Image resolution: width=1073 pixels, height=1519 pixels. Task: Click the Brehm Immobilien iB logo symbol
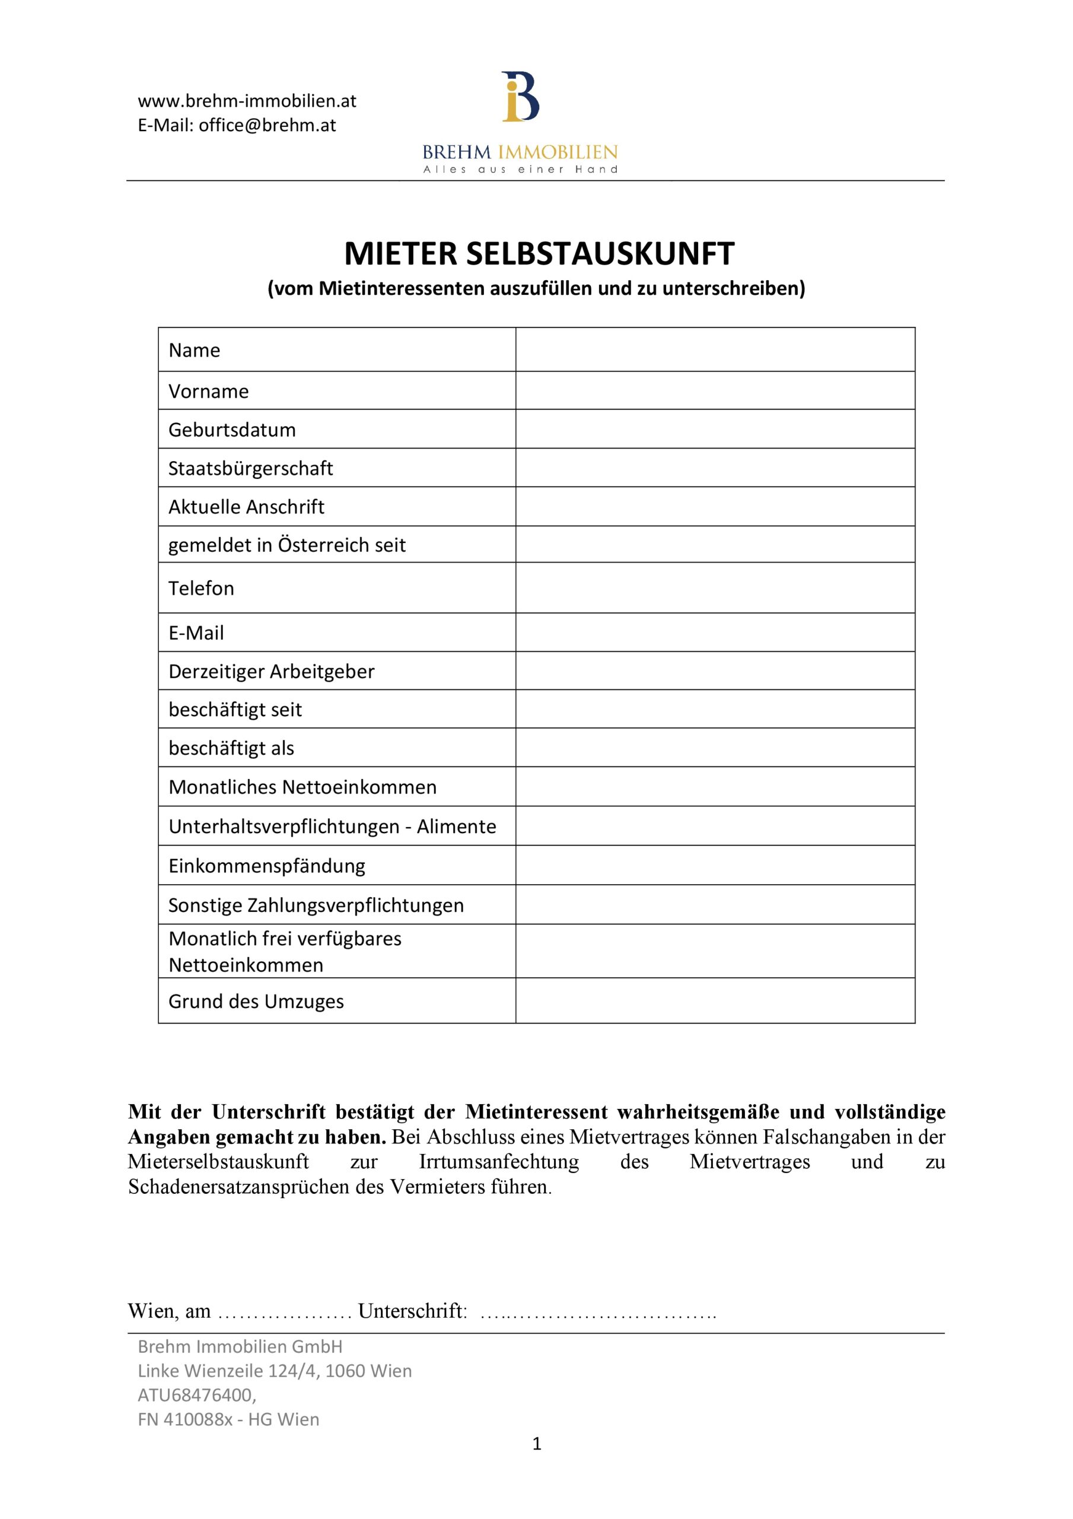coord(520,97)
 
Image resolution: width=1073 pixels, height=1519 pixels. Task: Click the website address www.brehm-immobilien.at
coord(247,101)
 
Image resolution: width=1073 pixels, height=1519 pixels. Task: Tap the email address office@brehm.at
coord(268,125)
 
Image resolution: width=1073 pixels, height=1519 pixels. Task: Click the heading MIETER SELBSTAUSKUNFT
coord(539,253)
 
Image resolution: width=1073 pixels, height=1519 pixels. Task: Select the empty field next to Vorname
coord(715,390)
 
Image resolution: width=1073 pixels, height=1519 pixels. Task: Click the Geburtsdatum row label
coord(232,430)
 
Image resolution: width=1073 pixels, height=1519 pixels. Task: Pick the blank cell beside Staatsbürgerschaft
coord(715,468)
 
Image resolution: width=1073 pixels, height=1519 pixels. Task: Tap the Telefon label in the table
coord(201,588)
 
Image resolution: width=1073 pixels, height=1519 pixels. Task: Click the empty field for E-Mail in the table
coord(715,633)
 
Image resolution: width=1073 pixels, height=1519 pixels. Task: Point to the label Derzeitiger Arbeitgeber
coord(271,671)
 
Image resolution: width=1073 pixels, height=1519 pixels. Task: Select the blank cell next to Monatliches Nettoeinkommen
coord(715,787)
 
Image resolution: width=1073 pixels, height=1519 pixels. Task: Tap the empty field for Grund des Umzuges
coord(715,1001)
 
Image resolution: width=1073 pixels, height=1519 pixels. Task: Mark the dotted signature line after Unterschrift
coord(598,1311)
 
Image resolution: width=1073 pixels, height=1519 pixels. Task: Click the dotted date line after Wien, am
coord(285,1311)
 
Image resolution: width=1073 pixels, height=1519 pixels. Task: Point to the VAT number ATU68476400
coord(196,1394)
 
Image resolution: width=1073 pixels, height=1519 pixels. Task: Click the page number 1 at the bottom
coord(536,1443)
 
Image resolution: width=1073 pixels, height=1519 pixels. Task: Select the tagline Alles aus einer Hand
coord(520,169)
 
